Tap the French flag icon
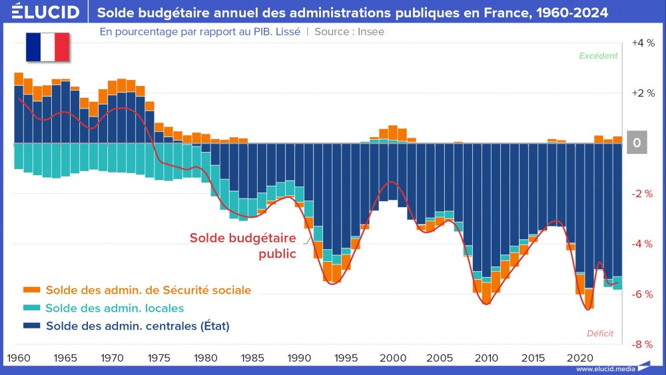tap(48, 46)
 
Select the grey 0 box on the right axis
tap(637, 143)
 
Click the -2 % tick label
tap(642, 194)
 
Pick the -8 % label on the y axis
tap(642, 344)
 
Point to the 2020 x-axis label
tap(578, 357)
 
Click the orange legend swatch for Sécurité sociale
tap(31, 290)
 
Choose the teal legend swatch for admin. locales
tap(31, 308)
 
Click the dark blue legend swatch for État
tap(31, 326)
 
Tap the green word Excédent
tap(598, 56)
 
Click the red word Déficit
tap(600, 333)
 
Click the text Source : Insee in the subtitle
tap(349, 31)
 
